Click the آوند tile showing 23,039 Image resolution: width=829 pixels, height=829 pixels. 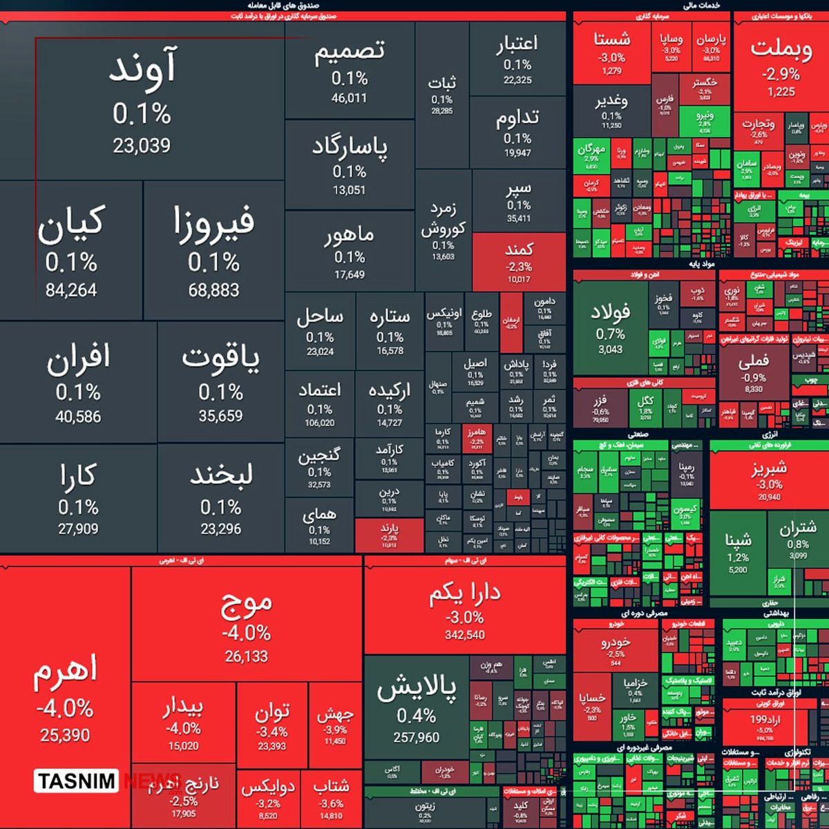pyautogui.click(x=142, y=104)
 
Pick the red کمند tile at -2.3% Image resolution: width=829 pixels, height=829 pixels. pyautogui.click(x=519, y=262)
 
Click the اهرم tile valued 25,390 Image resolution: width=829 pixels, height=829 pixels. pyautogui.click(x=65, y=698)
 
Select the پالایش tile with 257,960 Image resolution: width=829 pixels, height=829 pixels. pyautogui.click(x=417, y=712)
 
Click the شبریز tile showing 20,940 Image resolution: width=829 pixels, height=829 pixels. pyautogui.click(x=769, y=480)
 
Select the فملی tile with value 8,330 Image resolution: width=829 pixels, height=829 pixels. pyautogui.click(x=753, y=373)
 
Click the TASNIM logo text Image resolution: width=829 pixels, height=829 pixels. pyautogui.click(x=77, y=781)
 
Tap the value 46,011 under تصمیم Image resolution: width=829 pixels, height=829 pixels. pyautogui.click(x=349, y=98)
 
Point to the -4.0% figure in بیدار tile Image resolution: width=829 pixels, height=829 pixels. pyautogui.click(x=183, y=728)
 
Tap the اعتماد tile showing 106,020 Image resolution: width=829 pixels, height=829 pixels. pyautogui.click(x=319, y=404)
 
